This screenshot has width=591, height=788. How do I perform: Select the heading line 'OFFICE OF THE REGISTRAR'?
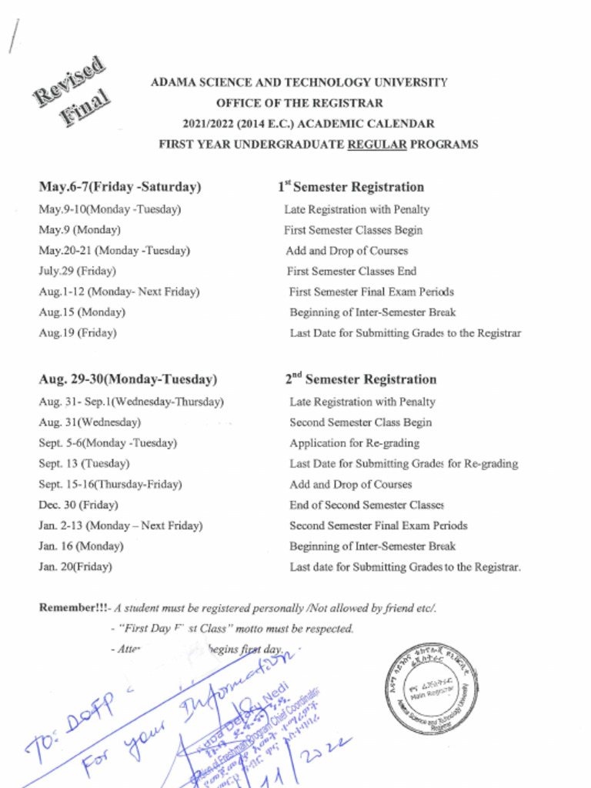299,103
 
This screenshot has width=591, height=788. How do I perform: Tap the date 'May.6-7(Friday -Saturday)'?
120,187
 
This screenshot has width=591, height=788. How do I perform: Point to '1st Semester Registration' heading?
351,187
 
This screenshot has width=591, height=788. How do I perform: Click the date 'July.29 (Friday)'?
77,271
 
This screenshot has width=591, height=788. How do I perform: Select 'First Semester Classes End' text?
352,271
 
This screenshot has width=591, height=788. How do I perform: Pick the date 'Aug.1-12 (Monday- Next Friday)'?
119,292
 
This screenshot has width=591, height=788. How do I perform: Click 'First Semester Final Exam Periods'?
372,292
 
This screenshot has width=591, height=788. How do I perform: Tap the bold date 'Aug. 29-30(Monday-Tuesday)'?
128,379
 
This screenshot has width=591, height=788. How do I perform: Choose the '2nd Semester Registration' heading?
361,379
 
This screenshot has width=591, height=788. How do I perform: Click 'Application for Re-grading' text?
355,443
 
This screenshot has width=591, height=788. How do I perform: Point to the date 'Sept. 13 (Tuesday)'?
84,464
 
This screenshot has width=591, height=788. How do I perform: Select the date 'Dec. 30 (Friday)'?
78,506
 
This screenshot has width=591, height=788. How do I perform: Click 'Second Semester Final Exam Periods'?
379,526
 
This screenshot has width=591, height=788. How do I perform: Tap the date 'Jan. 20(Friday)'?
75,567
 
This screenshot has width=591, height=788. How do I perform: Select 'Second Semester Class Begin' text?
360,422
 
